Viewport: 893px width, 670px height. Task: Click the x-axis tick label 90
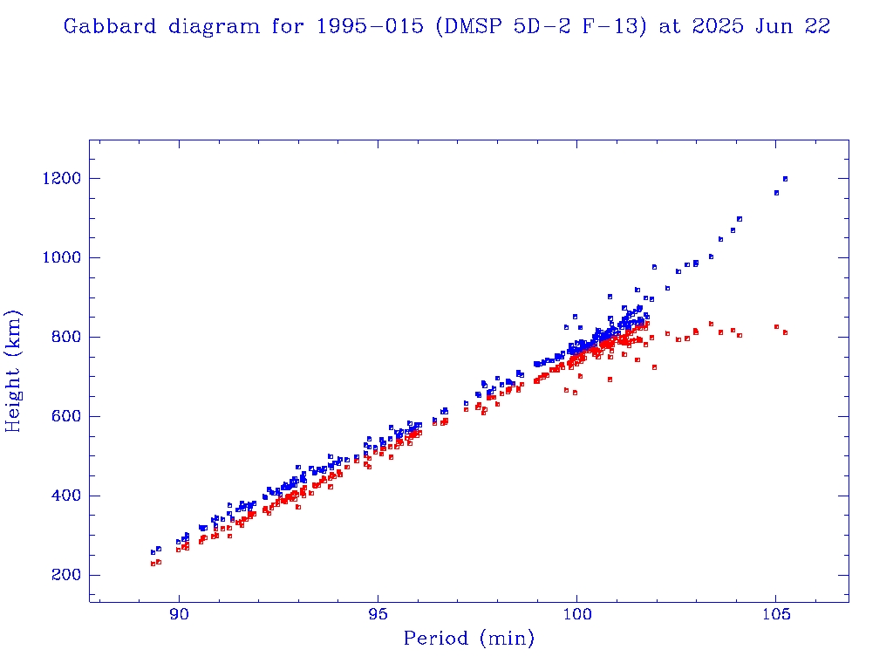coord(180,614)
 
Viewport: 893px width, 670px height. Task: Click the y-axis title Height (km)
coord(14,371)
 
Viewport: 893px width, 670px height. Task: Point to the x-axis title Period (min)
coord(468,639)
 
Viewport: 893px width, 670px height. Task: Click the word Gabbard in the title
coord(103,27)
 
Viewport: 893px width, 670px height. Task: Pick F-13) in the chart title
coord(617,27)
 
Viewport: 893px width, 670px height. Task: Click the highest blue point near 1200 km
coord(785,179)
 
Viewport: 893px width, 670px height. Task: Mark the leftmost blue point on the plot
coord(153,552)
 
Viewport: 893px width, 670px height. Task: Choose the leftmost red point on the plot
coord(153,564)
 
